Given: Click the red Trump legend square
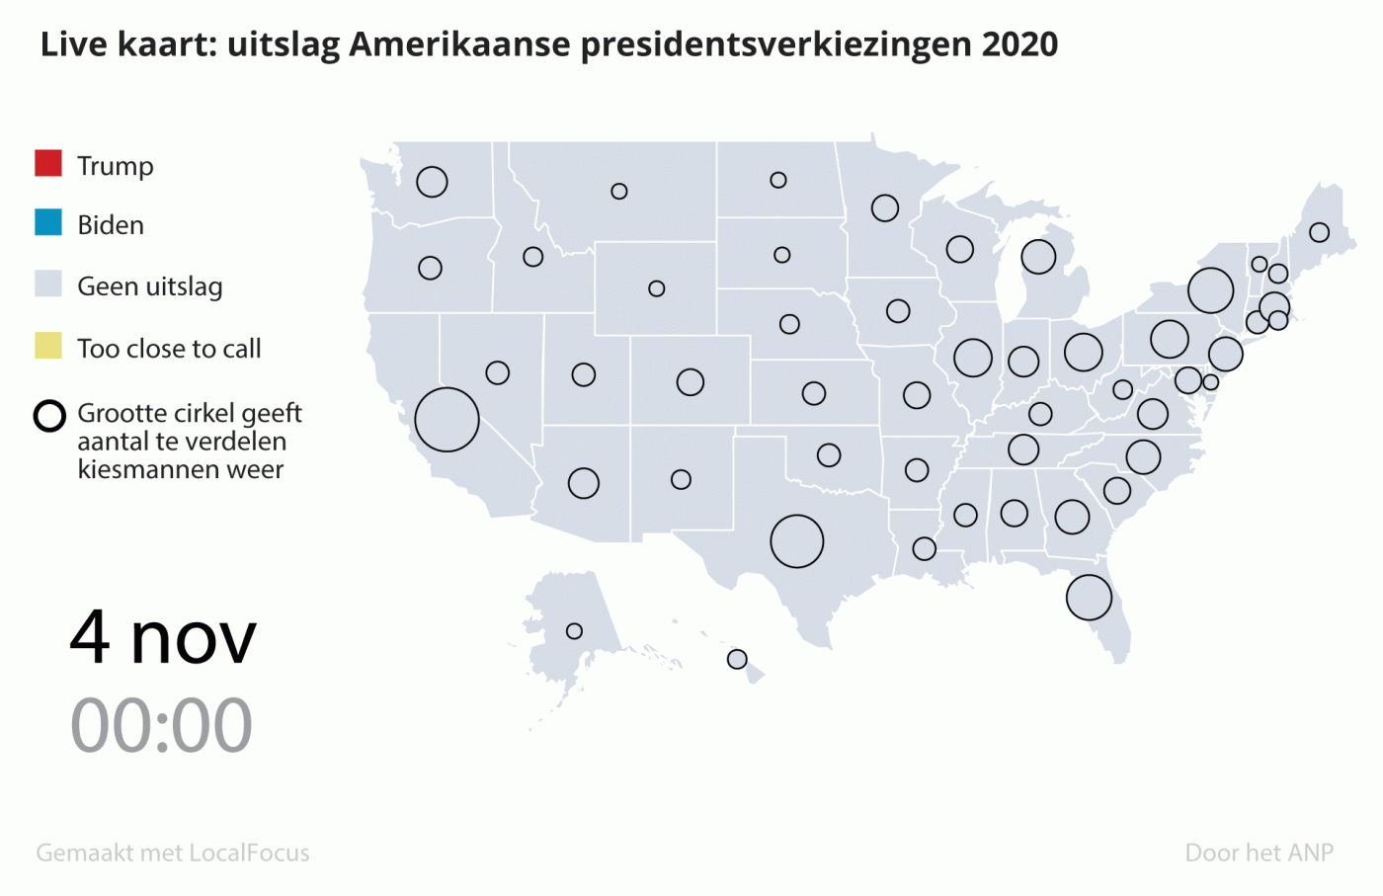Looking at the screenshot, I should coord(48,163).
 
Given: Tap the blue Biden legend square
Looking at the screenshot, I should coord(48,223).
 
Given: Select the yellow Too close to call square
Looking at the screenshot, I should coord(48,346).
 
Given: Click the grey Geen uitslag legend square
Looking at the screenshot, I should coord(48,285).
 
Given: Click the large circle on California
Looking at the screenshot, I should coord(447,420).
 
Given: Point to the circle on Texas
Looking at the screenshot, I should coord(796,541).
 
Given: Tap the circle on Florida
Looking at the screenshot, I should coord(1089,598).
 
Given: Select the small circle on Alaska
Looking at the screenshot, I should coord(574,631).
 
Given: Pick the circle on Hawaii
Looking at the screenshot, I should coord(737,659).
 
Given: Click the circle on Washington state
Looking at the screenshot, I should coord(432,182).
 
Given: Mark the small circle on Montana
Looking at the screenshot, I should coord(619,192).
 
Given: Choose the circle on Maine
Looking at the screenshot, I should coord(1319,232).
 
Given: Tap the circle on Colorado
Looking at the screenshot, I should coord(691,382).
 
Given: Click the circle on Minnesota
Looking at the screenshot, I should coord(885,208).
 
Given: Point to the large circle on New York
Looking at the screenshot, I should coord(1210,290).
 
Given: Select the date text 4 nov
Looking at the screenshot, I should coord(163,638).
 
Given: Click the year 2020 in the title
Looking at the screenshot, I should coord(1019,44).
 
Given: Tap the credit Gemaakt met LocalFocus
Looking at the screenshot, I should coord(173,853).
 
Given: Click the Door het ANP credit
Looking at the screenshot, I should coord(1259,853).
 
